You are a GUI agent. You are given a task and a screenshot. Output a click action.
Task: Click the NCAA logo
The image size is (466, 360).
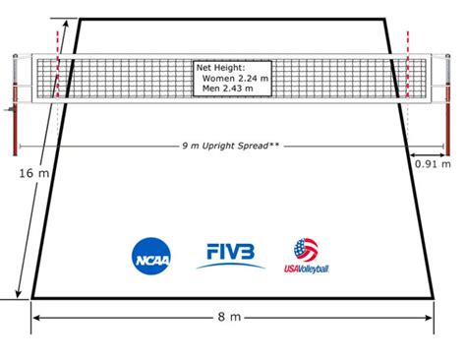tap(151, 256)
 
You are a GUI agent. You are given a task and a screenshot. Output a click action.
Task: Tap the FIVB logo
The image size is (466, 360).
tap(230, 256)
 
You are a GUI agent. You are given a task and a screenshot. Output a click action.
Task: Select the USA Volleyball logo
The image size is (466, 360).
tap(307, 256)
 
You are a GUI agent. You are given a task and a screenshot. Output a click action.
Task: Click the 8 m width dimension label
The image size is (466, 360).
tap(229, 317)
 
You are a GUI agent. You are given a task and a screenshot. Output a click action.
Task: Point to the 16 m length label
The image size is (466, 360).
tap(33, 173)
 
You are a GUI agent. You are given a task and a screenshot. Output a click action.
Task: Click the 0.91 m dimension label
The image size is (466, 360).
tap(433, 163)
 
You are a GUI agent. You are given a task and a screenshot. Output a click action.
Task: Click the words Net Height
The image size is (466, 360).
tap(220, 68)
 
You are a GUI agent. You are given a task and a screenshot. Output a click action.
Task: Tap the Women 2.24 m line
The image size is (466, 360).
tap(235, 79)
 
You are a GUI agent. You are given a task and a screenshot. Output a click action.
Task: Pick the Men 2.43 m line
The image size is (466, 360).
tap(228, 89)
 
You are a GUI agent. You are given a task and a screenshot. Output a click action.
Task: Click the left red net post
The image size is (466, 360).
tap(15, 105)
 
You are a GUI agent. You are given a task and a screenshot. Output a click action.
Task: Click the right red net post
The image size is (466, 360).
tap(447, 105)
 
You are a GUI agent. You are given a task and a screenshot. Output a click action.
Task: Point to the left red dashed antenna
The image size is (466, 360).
tap(58, 65)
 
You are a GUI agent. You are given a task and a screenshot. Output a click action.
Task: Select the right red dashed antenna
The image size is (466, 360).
tap(408, 65)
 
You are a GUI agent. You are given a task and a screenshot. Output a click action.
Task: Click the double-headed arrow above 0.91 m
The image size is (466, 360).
tap(427, 154)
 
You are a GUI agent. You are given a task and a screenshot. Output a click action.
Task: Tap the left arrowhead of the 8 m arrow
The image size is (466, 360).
tap(36, 318)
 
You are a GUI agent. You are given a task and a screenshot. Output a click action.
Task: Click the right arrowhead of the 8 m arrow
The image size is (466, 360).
tap(429, 318)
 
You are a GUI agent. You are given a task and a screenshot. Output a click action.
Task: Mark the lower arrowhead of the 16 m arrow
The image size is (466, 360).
tap(19, 294)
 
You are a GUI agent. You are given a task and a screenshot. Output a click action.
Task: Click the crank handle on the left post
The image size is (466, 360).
tap(10, 109)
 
